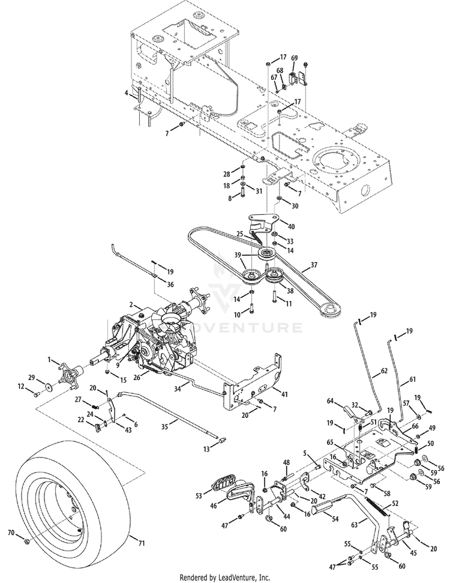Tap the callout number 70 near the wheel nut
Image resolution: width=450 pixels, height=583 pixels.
click(10, 533)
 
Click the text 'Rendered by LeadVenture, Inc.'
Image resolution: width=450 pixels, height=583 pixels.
click(225, 577)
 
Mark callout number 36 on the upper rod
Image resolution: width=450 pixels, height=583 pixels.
click(171, 285)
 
